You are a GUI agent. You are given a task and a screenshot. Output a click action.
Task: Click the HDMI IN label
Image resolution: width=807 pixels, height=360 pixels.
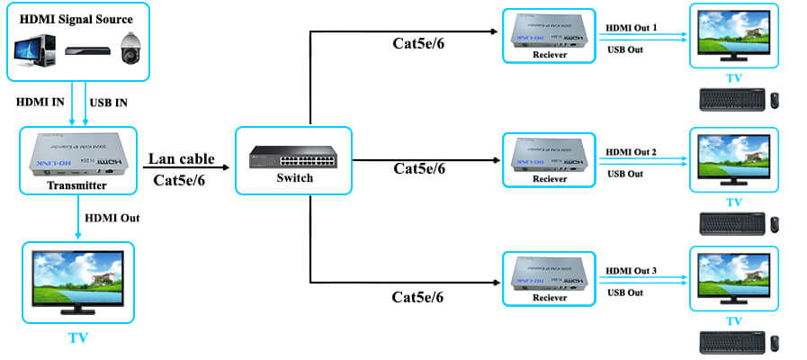pyautogui.click(x=41, y=102)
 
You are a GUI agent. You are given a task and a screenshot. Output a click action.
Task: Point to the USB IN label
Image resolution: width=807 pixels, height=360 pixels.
pyautogui.click(x=109, y=102)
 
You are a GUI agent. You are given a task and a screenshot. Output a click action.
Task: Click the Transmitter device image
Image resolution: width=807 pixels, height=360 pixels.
pyautogui.click(x=77, y=154)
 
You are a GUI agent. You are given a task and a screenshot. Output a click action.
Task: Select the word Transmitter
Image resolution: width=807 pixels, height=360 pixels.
pyautogui.click(x=77, y=185)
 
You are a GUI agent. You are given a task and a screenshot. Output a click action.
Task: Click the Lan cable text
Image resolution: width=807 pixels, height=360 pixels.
pyautogui.click(x=180, y=159)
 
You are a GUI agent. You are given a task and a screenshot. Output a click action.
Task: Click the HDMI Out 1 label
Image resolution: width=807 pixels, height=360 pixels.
pyautogui.click(x=632, y=28)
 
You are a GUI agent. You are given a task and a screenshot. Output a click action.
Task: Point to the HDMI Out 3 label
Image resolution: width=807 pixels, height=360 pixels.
pyautogui.click(x=632, y=271)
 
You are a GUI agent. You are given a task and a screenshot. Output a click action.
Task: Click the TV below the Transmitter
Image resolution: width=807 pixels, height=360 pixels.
pyautogui.click(x=77, y=280)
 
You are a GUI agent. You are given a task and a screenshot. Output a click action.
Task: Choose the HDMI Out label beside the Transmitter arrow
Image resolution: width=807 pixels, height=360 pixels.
pyautogui.click(x=112, y=218)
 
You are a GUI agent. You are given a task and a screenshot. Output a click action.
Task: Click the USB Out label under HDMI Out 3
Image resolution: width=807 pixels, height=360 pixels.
pyautogui.click(x=625, y=292)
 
